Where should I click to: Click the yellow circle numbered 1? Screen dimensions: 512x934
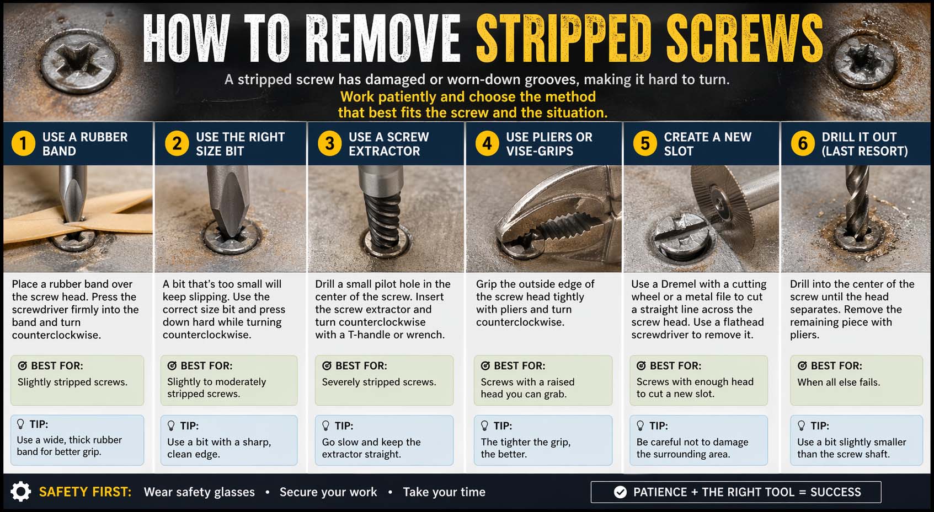(23, 144)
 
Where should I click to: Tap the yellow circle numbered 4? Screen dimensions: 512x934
(487, 144)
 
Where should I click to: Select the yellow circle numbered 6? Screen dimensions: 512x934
(803, 144)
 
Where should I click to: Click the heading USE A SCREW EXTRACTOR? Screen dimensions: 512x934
(388, 144)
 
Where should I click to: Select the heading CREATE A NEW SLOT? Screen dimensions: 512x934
(707, 144)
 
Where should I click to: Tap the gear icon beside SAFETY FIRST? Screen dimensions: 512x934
(21, 491)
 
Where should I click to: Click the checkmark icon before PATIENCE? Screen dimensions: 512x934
(620, 492)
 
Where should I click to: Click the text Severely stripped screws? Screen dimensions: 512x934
(379, 382)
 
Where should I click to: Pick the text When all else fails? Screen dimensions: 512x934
(838, 382)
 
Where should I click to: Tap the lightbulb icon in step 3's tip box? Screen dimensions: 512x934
(325, 425)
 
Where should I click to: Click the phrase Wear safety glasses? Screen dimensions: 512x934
(199, 492)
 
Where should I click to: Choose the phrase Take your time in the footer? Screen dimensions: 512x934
(444, 492)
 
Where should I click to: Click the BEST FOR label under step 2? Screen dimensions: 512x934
(206, 366)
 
